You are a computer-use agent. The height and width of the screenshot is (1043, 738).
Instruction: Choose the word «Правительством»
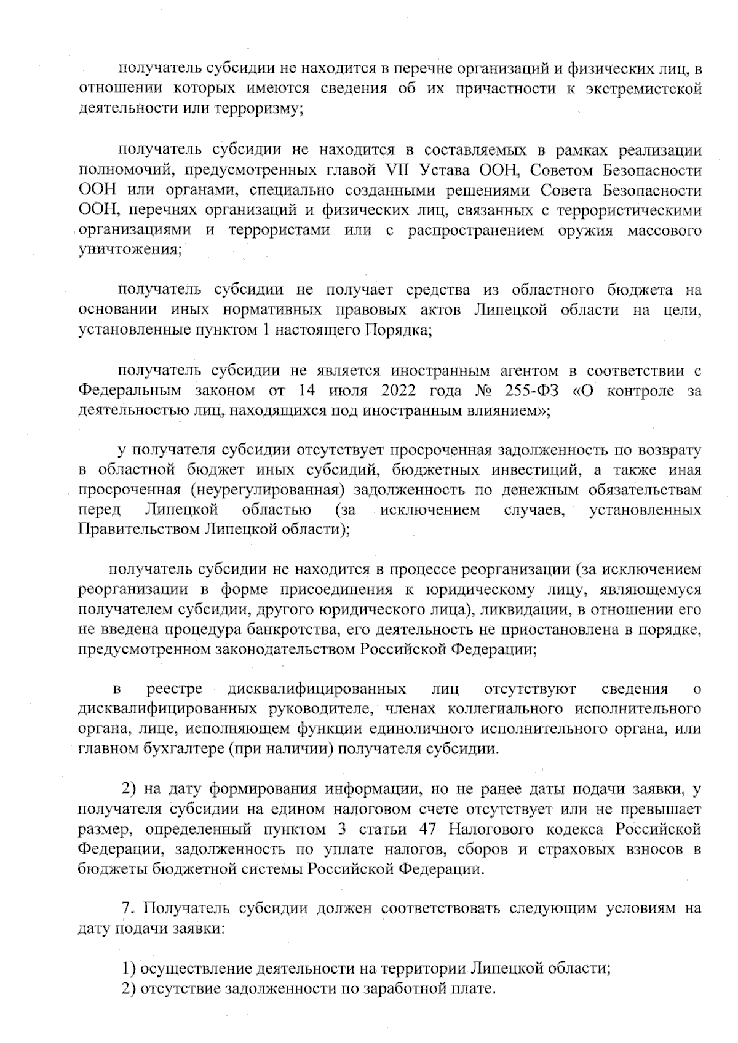coord(139,530)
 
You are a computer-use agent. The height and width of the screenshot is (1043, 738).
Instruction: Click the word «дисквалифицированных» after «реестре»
coord(316,689)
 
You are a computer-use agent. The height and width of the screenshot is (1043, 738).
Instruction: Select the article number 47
coord(427,830)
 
